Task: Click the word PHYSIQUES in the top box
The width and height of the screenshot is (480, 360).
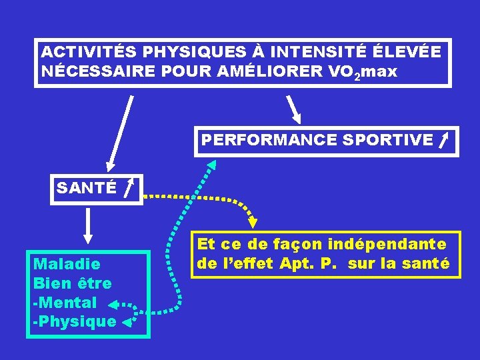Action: coord(180,51)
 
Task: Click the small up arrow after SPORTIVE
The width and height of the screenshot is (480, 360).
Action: coord(443,139)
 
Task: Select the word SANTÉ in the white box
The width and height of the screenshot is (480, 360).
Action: coord(87,188)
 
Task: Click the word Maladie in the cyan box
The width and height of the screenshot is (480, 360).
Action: coord(67,264)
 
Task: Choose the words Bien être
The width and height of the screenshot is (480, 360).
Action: coord(73,283)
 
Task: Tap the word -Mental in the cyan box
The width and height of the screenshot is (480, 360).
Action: coord(65,303)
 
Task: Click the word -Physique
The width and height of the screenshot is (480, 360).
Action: coord(74,322)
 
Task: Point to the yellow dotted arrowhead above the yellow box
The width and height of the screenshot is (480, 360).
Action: coord(253,220)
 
